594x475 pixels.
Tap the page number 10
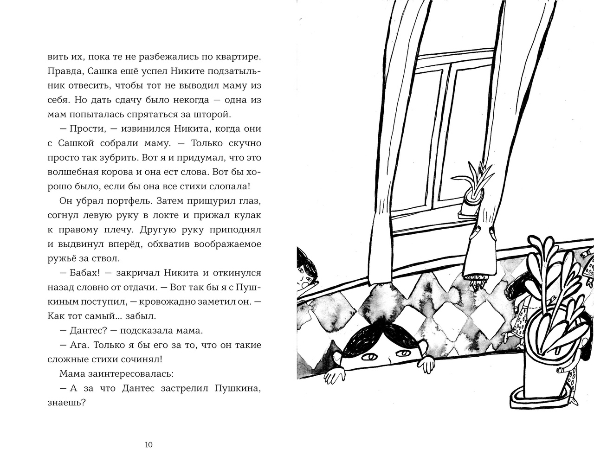(x=148, y=445)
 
